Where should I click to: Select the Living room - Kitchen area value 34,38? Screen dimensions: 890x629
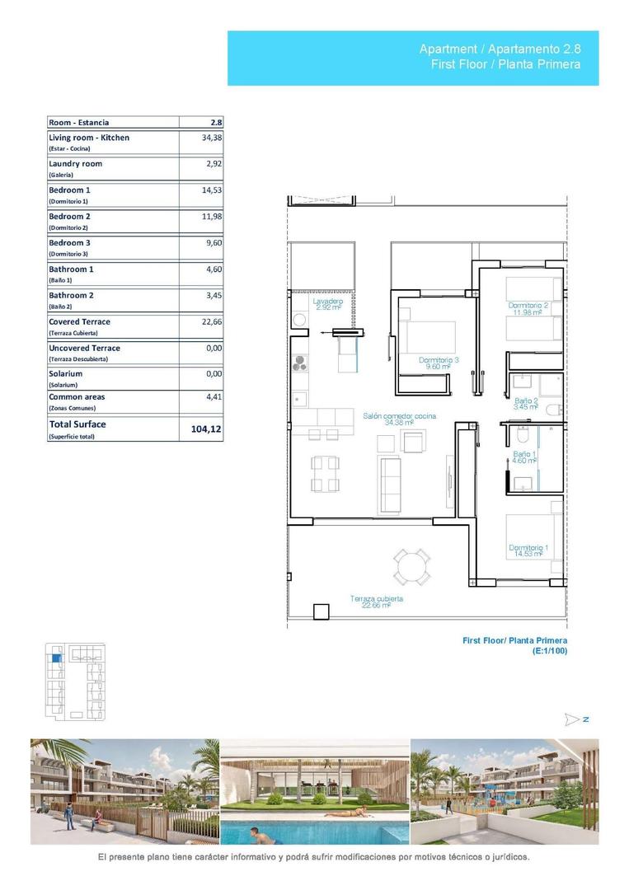[x=212, y=138]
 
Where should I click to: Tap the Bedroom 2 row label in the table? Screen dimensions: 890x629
[x=69, y=217]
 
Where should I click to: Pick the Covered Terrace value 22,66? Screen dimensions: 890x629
[x=212, y=322]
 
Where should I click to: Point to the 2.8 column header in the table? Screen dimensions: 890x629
[x=217, y=123]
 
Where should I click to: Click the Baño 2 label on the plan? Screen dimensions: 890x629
[x=524, y=403]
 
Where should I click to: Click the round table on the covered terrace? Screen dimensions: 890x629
[x=411, y=567]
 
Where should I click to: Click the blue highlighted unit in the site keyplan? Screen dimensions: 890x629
[x=56, y=658]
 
